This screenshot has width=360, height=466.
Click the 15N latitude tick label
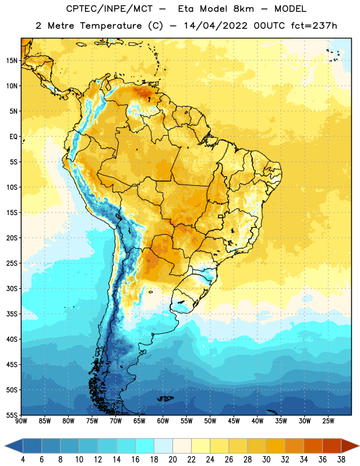coord(12,61)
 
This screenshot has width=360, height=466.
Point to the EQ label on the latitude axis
coord(13,137)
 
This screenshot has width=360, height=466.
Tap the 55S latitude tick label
coord(12,415)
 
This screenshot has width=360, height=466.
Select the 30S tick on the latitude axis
coord(12,288)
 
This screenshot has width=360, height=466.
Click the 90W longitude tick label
coord(22,421)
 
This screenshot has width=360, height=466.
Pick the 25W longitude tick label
coord(328,421)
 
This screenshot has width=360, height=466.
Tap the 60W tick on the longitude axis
coord(163,421)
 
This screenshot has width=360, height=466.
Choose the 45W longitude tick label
coord(234,421)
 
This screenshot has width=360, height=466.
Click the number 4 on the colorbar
coord(23,460)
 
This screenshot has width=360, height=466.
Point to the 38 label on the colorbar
coord(341,460)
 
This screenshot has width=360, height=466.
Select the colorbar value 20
coord(172,460)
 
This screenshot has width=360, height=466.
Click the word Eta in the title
coord(186,9)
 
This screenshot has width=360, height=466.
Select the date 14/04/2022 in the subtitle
coord(216,26)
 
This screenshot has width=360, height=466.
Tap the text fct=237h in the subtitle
coord(314,26)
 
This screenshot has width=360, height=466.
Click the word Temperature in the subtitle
coord(111,26)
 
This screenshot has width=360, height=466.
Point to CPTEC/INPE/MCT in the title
coord(110,9)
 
